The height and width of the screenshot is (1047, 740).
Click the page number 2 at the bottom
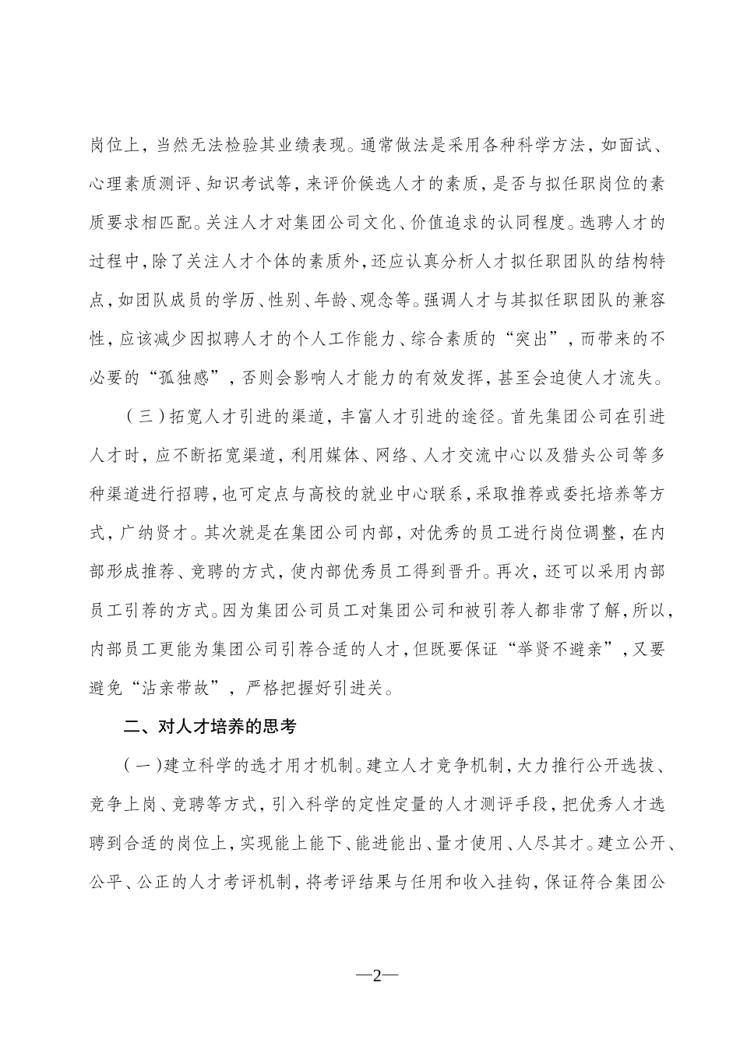(x=376, y=977)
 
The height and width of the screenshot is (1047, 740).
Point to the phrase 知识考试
(x=245, y=185)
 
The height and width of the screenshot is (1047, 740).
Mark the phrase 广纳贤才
(x=158, y=534)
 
